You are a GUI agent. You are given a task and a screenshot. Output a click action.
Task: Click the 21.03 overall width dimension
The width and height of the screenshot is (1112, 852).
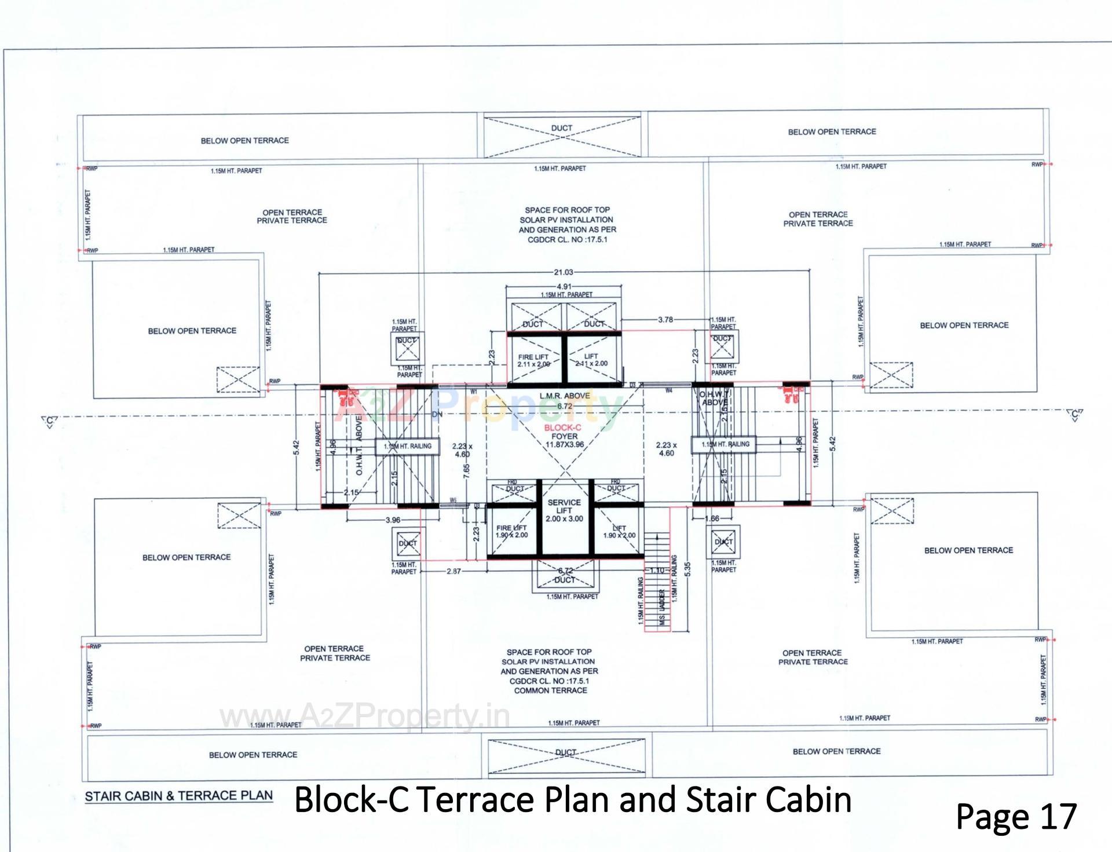[x=564, y=272]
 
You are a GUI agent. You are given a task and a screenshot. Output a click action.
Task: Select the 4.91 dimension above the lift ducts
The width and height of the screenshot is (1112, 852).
[x=564, y=286]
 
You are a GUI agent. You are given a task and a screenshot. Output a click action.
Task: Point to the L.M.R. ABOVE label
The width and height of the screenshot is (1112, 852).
[x=565, y=396]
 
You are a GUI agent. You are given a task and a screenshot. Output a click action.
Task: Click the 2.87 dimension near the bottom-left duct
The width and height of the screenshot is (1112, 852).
[x=454, y=571]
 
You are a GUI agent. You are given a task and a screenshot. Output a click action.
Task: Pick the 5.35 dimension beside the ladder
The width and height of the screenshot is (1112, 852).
[x=687, y=569]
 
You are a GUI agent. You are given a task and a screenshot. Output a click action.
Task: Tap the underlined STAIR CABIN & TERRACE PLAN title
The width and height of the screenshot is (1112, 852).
[x=178, y=796]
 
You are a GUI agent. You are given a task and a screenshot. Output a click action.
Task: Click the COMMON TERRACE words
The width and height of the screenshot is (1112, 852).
[x=550, y=690]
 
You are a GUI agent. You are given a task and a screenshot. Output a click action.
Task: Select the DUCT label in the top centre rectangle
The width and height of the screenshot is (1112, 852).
[x=561, y=128]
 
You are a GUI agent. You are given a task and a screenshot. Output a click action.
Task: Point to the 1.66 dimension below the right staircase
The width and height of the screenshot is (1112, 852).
[x=712, y=518]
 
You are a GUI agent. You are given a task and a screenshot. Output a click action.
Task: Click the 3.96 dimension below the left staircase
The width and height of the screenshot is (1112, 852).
[x=393, y=520]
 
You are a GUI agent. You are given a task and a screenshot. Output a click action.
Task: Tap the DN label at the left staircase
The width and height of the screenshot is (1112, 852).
[x=437, y=415]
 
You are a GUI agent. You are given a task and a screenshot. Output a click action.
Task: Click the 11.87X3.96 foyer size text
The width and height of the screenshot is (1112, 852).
[x=565, y=445]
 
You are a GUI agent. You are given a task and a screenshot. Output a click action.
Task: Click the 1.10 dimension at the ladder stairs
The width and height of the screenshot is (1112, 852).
[x=656, y=571]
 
